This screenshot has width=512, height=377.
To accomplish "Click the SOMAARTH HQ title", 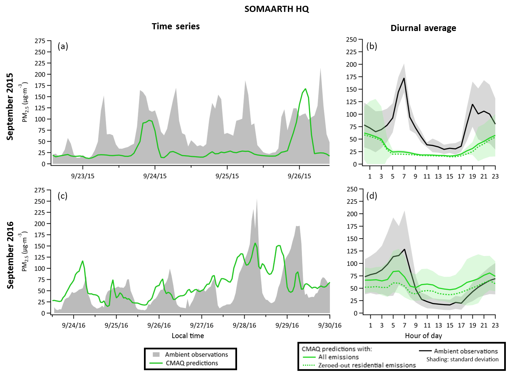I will tap(277, 9).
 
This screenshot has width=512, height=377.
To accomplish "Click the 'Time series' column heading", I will tap(176, 27).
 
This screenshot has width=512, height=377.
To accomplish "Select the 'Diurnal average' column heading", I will tap(423, 28).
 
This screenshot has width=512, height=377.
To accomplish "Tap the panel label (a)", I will tap(63, 46).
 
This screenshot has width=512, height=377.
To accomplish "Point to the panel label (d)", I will tap(371, 196).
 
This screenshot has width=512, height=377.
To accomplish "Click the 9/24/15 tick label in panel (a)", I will tap(155, 176).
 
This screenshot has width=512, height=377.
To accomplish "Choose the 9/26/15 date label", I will tap(299, 176).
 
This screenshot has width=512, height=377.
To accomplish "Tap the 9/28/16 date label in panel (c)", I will tap(245, 325).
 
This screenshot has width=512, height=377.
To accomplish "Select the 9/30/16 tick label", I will tap(330, 325).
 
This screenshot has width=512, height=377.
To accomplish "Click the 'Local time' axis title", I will tap(188, 336).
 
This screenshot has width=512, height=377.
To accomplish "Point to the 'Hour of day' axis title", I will tap(423, 336).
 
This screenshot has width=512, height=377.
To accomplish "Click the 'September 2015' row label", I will tap(10, 106).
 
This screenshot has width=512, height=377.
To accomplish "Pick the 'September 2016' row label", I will tap(11, 255).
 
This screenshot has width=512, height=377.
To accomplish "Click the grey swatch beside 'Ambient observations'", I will tap(157, 354).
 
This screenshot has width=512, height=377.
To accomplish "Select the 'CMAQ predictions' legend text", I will tap(192, 363).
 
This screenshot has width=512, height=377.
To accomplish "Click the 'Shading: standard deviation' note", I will tap(462, 359).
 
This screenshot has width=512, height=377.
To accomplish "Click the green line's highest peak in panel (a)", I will tap(305, 89).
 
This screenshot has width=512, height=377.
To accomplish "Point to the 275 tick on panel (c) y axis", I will tap(40, 190).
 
